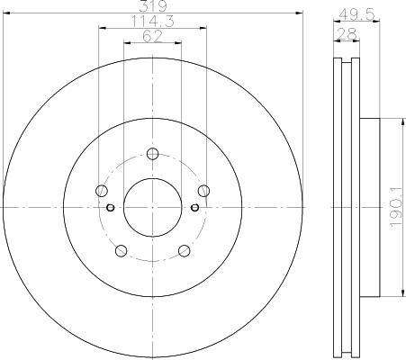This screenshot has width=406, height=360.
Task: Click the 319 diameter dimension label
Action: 153,6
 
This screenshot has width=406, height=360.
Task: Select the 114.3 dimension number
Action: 153,22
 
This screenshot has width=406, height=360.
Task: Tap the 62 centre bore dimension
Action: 152,36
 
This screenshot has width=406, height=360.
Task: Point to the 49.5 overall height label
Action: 356,14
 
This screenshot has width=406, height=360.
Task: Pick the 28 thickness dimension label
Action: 347,34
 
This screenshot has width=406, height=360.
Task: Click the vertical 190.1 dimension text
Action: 395,207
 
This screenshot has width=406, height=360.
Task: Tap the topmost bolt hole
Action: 153,154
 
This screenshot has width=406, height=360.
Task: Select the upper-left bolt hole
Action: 102,191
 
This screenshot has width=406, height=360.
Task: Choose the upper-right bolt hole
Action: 204,191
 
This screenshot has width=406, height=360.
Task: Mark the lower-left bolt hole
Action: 122,251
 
